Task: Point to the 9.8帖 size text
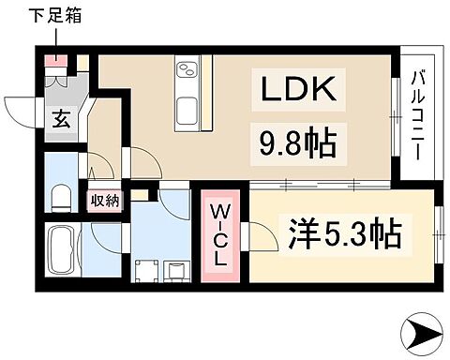(x=293, y=143)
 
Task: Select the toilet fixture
(x=61, y=196)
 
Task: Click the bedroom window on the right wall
(x=437, y=231)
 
